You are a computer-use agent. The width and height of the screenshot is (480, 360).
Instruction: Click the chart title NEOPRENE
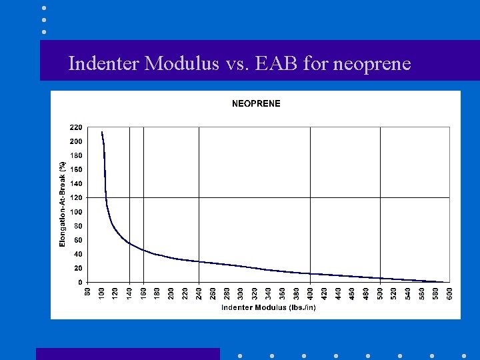(256, 103)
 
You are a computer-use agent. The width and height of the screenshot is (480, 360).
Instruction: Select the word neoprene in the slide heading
(371, 65)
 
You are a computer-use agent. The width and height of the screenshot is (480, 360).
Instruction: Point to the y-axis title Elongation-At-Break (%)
(62, 204)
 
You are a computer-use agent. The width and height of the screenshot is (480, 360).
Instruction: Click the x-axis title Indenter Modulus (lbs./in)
(268, 307)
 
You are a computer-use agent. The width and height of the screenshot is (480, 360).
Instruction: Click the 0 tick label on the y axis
(80, 282)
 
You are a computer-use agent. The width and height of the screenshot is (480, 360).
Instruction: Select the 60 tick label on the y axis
(77, 240)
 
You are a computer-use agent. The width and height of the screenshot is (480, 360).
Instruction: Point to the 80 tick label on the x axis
(87, 292)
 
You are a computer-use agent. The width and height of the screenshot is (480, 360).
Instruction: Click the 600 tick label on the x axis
(450, 293)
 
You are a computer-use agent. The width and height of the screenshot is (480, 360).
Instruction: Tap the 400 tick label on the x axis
(310, 293)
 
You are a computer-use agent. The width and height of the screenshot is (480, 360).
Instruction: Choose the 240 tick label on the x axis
(199, 293)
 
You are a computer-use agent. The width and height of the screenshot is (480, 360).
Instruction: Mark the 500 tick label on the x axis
(380, 293)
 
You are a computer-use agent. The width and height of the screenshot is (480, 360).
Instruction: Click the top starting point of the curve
(102, 132)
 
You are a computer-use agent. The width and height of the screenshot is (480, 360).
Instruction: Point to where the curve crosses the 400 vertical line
(310, 273)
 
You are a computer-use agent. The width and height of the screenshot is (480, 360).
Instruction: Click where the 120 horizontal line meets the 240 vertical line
(199, 197)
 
